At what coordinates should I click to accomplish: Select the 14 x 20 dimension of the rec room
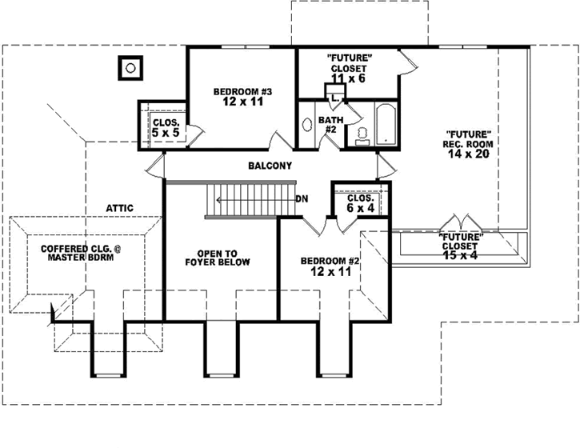pyautogui.click(x=468, y=154)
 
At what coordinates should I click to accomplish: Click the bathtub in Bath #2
pyautogui.click(x=386, y=124)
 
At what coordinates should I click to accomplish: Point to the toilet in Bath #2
pyautogui.click(x=362, y=134)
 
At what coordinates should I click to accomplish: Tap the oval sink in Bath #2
pyautogui.click(x=307, y=126)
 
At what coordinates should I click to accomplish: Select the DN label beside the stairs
pyautogui.click(x=302, y=198)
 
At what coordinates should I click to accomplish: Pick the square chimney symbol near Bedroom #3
pyautogui.click(x=130, y=67)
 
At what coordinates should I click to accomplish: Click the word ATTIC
pyautogui.click(x=119, y=208)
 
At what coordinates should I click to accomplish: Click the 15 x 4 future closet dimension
pyautogui.click(x=461, y=256)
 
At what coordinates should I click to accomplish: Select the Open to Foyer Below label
pyautogui.click(x=218, y=257)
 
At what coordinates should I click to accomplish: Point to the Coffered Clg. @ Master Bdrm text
pyautogui.click(x=78, y=254)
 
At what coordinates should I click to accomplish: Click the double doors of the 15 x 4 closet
pyautogui.click(x=462, y=222)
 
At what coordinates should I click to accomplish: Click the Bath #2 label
pyautogui.click(x=330, y=125)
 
